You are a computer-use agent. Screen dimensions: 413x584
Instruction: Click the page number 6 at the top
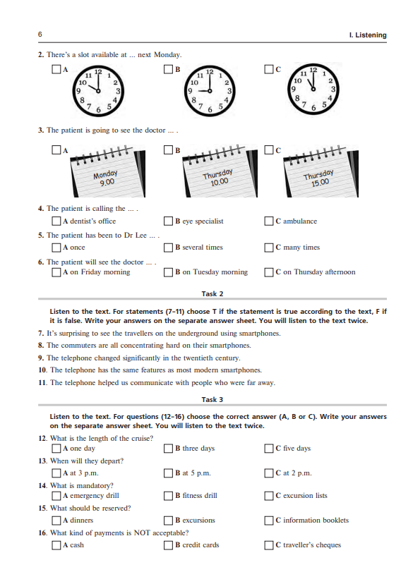[40, 35]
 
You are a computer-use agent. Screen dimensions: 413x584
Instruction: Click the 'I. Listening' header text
[368, 35]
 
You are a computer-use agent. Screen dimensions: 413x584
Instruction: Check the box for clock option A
[56, 69]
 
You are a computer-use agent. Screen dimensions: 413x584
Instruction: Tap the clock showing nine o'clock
[209, 90]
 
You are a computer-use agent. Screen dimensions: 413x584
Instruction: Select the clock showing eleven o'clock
[313, 89]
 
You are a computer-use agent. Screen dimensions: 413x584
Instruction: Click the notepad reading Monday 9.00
[107, 171]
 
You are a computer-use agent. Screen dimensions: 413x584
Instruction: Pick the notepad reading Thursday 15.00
[321, 171]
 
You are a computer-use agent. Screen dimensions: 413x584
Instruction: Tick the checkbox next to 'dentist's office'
[56, 221]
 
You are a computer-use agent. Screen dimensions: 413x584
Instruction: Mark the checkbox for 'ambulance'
[269, 221]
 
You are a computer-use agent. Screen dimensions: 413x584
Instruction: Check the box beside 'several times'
[168, 248]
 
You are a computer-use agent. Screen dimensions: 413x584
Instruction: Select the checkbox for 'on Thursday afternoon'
[269, 272]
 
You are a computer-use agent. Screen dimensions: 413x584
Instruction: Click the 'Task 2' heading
[213, 294]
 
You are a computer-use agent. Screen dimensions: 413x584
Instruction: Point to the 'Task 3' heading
[213, 400]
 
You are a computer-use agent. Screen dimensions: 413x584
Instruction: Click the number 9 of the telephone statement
[41, 358]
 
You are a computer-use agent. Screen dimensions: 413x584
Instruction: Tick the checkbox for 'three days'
[168, 449]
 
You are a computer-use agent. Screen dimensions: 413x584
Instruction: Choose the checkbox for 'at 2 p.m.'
[269, 473]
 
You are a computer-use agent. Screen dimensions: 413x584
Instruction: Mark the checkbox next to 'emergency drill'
[56, 496]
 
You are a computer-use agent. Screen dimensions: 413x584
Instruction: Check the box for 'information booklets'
[269, 521]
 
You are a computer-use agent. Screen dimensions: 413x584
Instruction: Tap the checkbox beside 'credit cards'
[168, 545]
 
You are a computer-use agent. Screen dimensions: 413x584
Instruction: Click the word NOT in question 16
[142, 533]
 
